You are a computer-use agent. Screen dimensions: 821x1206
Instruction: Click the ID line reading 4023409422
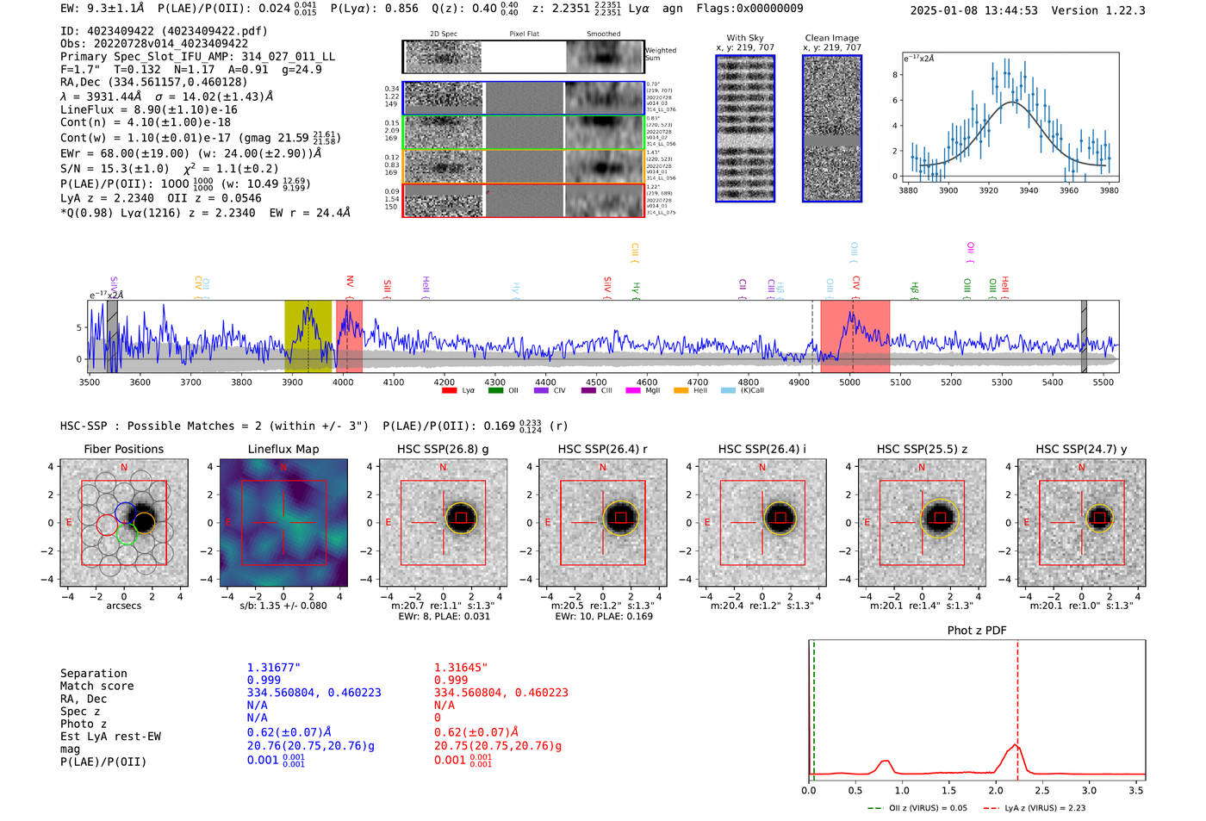[164, 31]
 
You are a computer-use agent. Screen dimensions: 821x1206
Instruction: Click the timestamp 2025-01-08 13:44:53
[973, 10]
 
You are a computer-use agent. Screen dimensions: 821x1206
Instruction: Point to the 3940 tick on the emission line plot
[1029, 190]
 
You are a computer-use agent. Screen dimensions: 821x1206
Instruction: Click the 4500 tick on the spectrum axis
[596, 383]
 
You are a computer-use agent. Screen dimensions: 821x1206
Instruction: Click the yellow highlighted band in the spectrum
[308, 336]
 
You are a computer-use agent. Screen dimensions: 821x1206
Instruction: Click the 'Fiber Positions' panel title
[123, 449]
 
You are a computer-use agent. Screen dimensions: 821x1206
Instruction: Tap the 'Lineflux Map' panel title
[283, 449]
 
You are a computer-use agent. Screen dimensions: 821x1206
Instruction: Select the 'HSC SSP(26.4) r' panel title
[602, 449]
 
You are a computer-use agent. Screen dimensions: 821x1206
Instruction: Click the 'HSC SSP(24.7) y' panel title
[1081, 449]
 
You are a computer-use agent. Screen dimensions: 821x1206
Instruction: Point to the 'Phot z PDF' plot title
[977, 631]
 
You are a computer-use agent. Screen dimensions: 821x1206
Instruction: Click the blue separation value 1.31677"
[274, 668]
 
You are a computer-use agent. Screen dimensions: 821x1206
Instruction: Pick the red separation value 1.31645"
[461, 668]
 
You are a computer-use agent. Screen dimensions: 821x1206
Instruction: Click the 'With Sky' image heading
[745, 38]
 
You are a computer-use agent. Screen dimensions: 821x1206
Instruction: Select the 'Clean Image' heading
[831, 38]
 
